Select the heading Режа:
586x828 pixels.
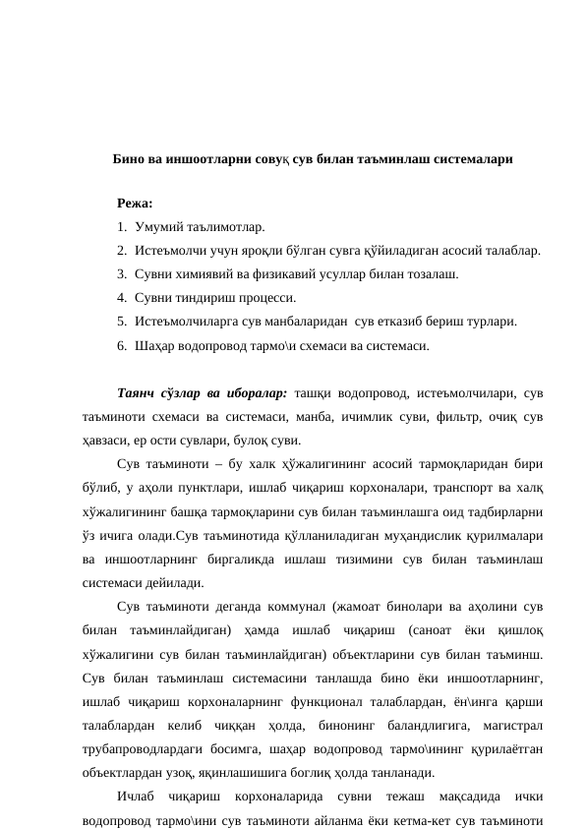(x=134, y=204)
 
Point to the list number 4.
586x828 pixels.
(x=120, y=297)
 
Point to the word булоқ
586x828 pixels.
(x=252, y=441)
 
